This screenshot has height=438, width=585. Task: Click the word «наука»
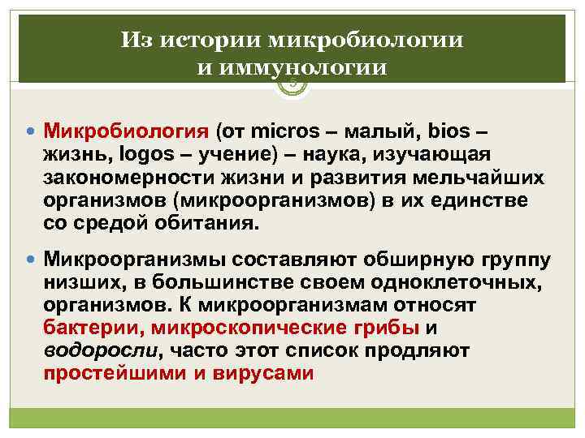tap(331, 154)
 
